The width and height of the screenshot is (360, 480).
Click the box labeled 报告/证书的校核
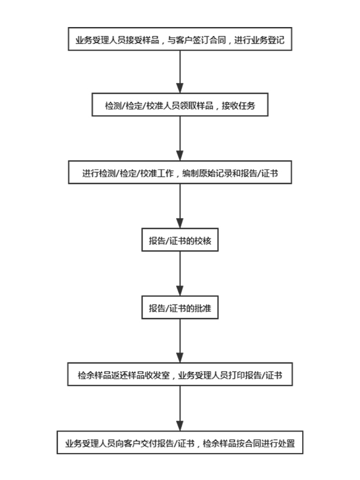click(x=180, y=240)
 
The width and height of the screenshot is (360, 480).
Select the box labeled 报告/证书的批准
click(x=180, y=308)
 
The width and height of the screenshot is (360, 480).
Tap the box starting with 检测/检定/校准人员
click(x=180, y=105)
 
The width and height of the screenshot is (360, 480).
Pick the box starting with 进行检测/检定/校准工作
click(x=180, y=172)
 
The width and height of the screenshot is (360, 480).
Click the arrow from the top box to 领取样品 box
click(x=180, y=71)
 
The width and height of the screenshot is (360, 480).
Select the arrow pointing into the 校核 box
click(x=180, y=206)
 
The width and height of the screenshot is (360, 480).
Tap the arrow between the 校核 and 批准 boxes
click(x=180, y=273)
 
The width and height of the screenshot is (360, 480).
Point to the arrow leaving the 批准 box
click(x=180, y=341)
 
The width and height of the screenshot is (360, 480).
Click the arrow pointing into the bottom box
click(x=180, y=409)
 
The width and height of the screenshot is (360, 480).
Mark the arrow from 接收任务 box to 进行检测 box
click(x=180, y=139)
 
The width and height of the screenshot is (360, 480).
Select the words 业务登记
click(x=267, y=40)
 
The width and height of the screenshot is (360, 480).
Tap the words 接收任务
click(x=239, y=106)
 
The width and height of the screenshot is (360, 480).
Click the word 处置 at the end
click(x=287, y=443)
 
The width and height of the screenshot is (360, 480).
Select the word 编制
click(x=190, y=173)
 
